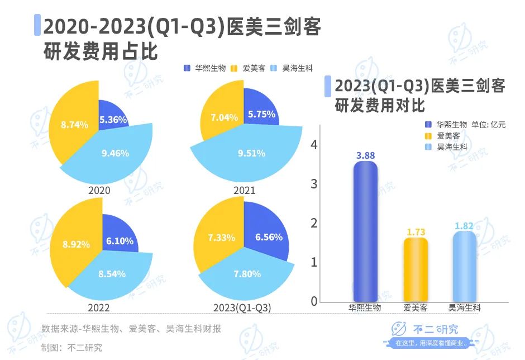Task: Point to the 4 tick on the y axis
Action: [314, 145]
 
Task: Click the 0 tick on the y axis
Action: [314, 301]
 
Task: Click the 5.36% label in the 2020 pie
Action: [113, 120]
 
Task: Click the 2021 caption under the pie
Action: [244, 191]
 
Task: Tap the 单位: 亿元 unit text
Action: [489, 125]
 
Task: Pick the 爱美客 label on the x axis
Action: [415, 308]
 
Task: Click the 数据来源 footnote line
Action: [131, 329]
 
